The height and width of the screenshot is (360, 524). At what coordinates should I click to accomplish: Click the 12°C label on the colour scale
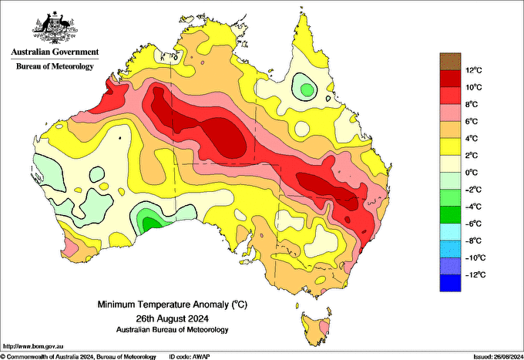[474, 70]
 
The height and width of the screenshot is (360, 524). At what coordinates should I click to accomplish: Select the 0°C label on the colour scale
[472, 173]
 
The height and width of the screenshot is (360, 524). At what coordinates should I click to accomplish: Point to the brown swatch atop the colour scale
[450, 61]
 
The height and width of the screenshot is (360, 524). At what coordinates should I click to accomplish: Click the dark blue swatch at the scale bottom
[450, 283]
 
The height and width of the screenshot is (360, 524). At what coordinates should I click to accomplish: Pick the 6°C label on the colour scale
[472, 121]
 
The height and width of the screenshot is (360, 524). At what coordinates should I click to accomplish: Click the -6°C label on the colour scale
[473, 224]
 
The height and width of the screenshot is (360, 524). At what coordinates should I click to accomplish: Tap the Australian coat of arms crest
[55, 28]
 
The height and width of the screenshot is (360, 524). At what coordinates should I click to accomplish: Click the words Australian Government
[55, 52]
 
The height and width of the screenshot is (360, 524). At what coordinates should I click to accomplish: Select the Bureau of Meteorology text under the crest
[55, 66]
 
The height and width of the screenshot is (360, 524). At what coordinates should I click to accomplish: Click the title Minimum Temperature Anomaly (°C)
[173, 304]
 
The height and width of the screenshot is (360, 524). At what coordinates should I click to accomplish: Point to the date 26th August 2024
[173, 318]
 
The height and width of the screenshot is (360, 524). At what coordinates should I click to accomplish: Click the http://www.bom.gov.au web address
[33, 346]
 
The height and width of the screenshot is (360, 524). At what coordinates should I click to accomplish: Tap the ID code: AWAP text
[190, 357]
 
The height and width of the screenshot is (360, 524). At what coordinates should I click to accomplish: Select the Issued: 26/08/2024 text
[498, 357]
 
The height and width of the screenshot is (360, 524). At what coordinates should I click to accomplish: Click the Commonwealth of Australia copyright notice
[78, 357]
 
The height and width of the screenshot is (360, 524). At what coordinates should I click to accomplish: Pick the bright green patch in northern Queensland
[307, 89]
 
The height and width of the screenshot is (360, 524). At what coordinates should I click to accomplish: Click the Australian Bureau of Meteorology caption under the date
[173, 330]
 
